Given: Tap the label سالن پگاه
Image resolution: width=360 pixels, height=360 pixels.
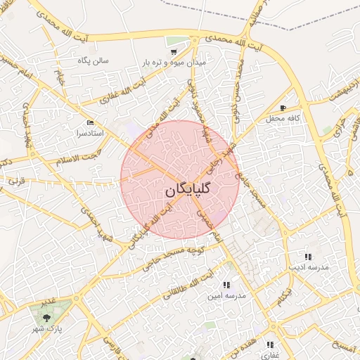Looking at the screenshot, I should (93, 60).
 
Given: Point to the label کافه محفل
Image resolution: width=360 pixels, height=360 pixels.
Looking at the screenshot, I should (283, 118).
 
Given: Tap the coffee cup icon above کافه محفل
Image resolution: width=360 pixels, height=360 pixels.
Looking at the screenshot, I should (283, 108).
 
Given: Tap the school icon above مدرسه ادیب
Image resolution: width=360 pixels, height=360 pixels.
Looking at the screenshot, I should (307, 257).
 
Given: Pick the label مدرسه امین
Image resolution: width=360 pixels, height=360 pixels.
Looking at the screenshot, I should (226, 296).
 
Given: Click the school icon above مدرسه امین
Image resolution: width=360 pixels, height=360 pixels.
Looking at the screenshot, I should (226, 285).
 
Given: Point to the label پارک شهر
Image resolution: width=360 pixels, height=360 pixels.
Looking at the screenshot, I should (50, 328).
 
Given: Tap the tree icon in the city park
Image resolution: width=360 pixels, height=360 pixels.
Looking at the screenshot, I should (46, 316).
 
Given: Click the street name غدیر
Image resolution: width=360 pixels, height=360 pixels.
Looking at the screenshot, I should (47, 302).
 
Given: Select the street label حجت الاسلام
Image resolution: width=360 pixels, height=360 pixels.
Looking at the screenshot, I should (79, 154).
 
